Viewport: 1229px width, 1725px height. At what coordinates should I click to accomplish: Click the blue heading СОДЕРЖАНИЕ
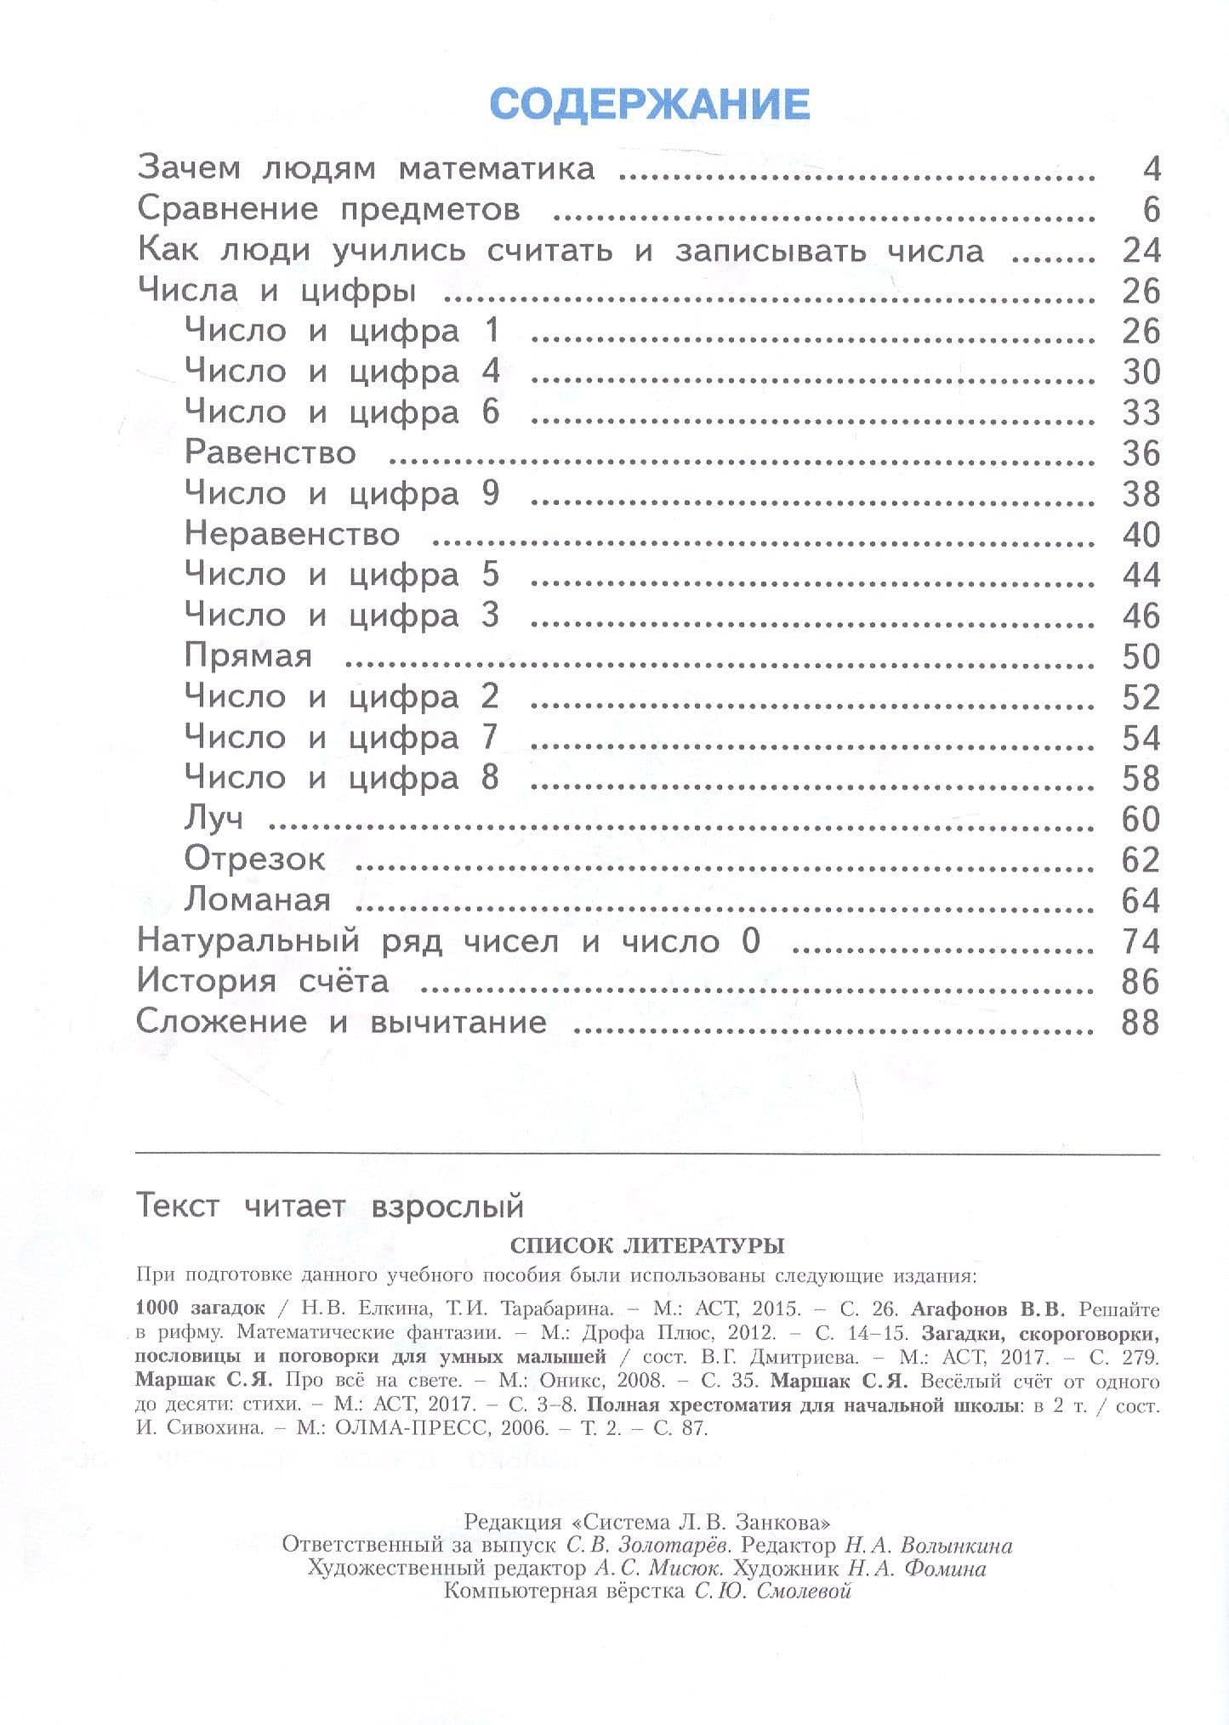coord(650,105)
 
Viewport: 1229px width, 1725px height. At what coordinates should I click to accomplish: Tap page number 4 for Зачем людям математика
coord(1152,169)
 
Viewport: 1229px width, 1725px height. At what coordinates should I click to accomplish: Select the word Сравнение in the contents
coord(228,210)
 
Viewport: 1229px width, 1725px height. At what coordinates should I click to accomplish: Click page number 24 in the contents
coord(1141,251)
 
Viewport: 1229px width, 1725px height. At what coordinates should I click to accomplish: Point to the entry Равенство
coord(270,453)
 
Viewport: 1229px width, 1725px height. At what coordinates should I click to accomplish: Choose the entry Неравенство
coord(292,535)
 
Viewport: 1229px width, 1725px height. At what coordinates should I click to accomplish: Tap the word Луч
coord(213,819)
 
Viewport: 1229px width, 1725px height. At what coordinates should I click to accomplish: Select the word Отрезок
coord(254,860)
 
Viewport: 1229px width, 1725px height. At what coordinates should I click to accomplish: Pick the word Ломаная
coord(257,900)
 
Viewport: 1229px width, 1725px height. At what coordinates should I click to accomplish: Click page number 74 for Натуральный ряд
coord(1141,941)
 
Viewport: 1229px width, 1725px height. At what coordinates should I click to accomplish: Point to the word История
coord(206,982)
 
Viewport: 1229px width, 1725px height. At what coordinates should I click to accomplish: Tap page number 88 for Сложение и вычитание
coord(1141,1022)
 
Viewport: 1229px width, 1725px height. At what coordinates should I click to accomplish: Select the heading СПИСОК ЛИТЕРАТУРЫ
coord(646,1246)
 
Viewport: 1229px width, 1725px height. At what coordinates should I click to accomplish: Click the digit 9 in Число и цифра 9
coord(491,493)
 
